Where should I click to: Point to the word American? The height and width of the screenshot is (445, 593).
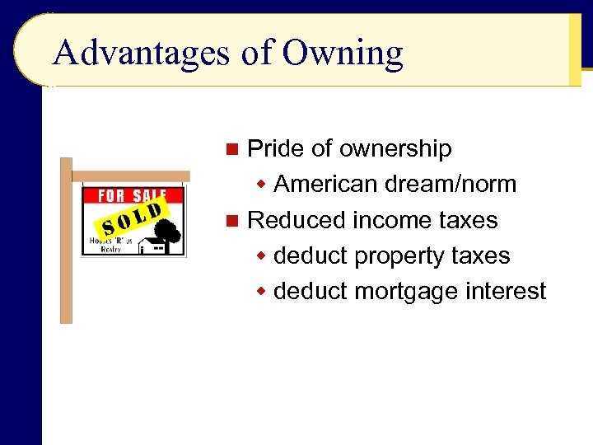[326, 184]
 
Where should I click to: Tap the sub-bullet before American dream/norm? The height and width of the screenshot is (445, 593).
[261, 184]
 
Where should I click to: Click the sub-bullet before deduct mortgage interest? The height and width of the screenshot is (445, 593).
[261, 292]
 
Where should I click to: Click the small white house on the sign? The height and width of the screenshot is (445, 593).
[151, 245]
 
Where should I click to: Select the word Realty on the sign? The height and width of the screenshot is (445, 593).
[112, 247]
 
